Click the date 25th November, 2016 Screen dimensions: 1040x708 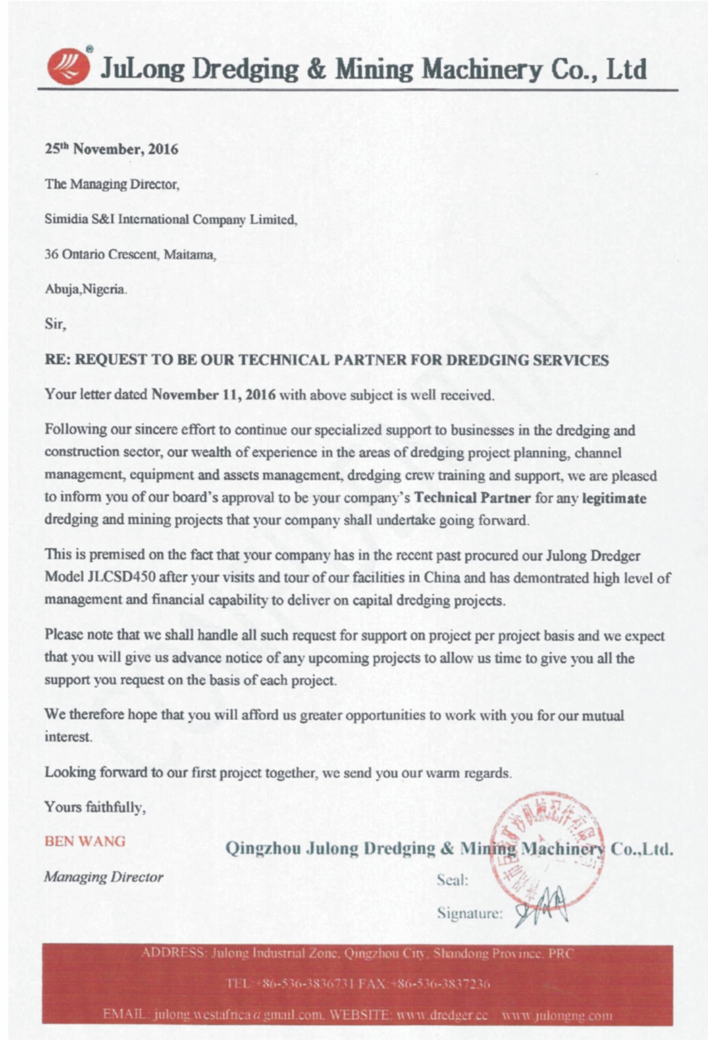pos(111,149)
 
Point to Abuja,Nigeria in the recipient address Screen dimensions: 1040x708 pos(85,290)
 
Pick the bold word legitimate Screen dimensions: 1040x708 pos(614,498)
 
